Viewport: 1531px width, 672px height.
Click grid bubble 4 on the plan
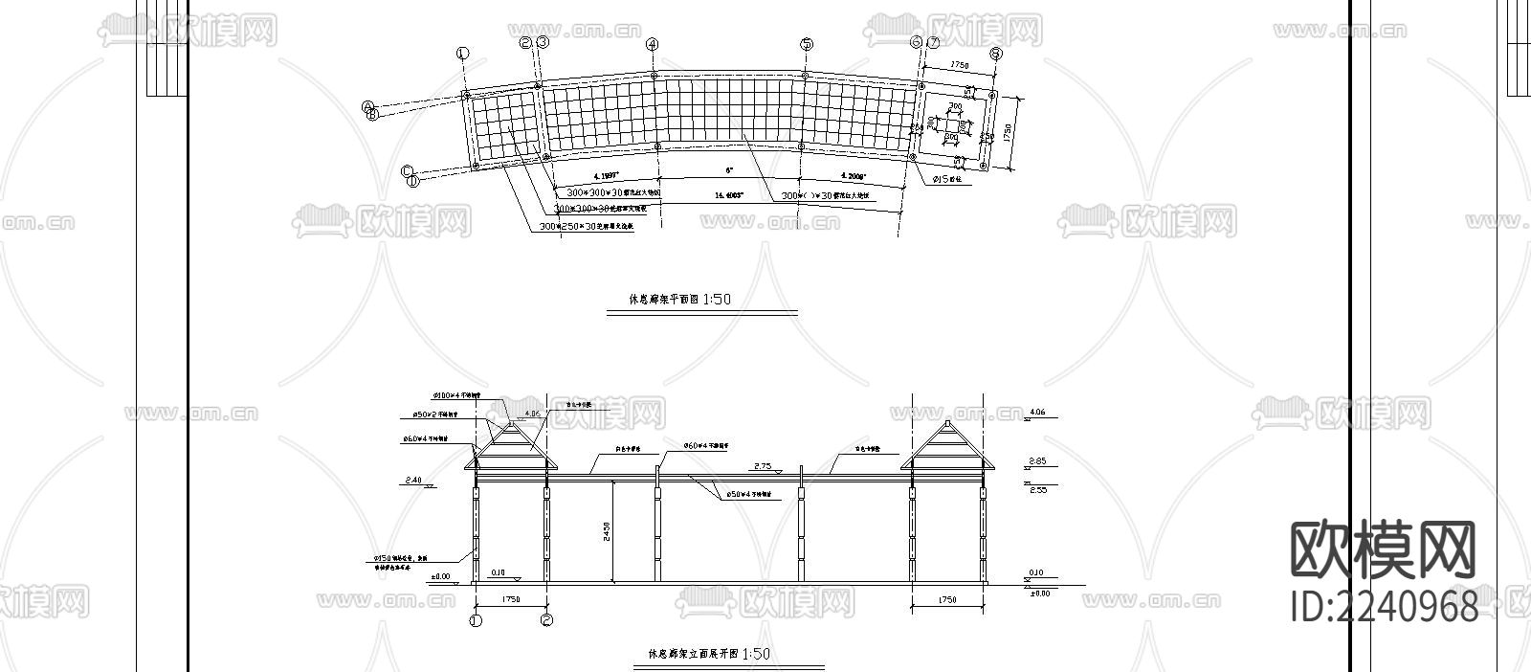coord(653,44)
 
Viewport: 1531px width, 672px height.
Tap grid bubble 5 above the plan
coord(807,44)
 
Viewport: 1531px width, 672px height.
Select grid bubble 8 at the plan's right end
coord(996,55)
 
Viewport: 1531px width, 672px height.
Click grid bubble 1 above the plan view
coord(463,54)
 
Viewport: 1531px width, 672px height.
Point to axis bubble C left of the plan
coord(407,171)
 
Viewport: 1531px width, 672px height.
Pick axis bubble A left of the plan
coord(367,107)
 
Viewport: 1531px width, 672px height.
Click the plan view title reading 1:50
coord(679,300)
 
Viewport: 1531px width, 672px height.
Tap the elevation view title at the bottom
coord(709,655)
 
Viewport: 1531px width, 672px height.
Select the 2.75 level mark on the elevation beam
coord(763,466)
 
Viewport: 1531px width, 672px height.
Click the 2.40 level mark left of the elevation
coord(414,480)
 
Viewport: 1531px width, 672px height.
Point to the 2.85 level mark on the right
coord(1036,461)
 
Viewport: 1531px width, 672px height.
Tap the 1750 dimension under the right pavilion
coord(946,600)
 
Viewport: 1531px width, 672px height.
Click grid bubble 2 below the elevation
coord(547,620)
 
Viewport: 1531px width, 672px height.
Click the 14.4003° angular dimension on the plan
coord(729,195)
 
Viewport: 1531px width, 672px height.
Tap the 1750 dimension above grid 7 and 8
coord(959,65)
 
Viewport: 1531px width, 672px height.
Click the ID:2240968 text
coord(1383,607)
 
